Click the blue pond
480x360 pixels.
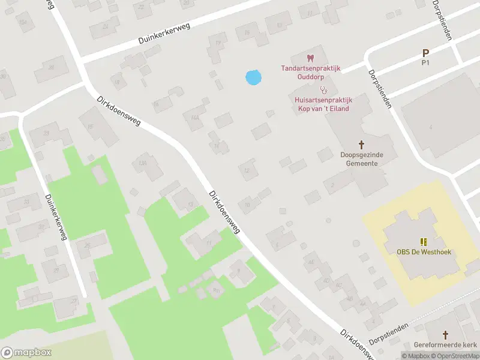[x=253, y=77]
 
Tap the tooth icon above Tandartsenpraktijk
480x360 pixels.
[x=310, y=58]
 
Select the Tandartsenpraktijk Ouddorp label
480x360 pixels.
[x=311, y=72]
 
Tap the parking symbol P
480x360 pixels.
[x=426, y=53]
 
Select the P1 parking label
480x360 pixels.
[x=426, y=62]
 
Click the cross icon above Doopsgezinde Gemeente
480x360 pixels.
[x=361, y=145]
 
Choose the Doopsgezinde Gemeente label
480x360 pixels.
[x=361, y=159]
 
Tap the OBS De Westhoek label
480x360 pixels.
[x=424, y=252]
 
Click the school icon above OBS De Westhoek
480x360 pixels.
[x=424, y=242]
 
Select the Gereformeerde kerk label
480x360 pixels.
[x=445, y=345]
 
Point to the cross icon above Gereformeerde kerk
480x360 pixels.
[x=445, y=334]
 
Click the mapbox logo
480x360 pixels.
[x=26, y=353]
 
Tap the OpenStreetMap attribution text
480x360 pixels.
[x=455, y=356]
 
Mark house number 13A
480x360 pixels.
[x=142, y=163]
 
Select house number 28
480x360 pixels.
[x=52, y=67]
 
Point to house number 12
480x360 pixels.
[x=247, y=170]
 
